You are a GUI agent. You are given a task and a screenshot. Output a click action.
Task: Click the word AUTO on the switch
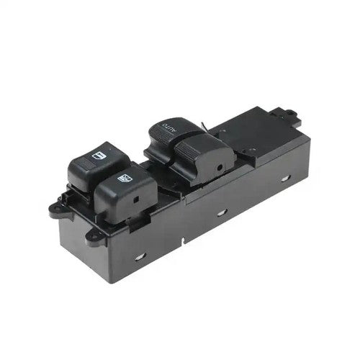(169, 127)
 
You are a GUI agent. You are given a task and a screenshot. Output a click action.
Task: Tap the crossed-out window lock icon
(125, 179)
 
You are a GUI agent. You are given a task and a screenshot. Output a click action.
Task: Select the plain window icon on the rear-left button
(99, 156)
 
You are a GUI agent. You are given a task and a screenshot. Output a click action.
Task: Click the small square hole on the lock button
(136, 199)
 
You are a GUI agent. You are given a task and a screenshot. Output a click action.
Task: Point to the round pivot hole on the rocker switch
(219, 168)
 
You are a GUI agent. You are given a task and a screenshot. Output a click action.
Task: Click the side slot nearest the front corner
(140, 258)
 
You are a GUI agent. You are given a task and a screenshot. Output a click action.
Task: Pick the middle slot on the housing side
(222, 212)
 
